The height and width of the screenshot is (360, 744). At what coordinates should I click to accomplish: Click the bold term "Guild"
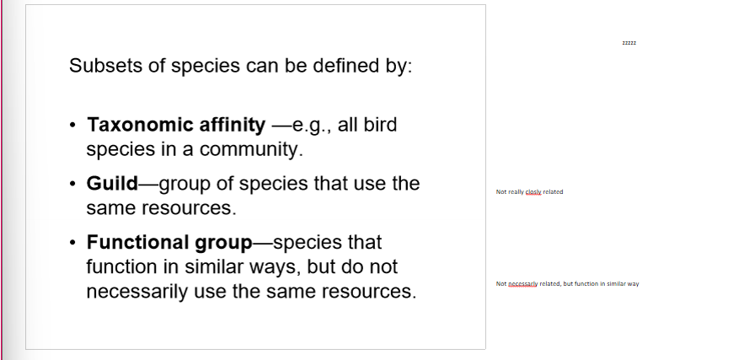point(112,183)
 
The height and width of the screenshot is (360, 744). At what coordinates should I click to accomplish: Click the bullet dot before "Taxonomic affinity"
point(74,126)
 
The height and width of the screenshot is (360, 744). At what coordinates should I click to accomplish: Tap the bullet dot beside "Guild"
point(74,184)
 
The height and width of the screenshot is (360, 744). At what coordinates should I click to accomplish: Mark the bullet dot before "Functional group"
point(74,244)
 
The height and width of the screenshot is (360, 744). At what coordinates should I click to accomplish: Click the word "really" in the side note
point(516,192)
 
